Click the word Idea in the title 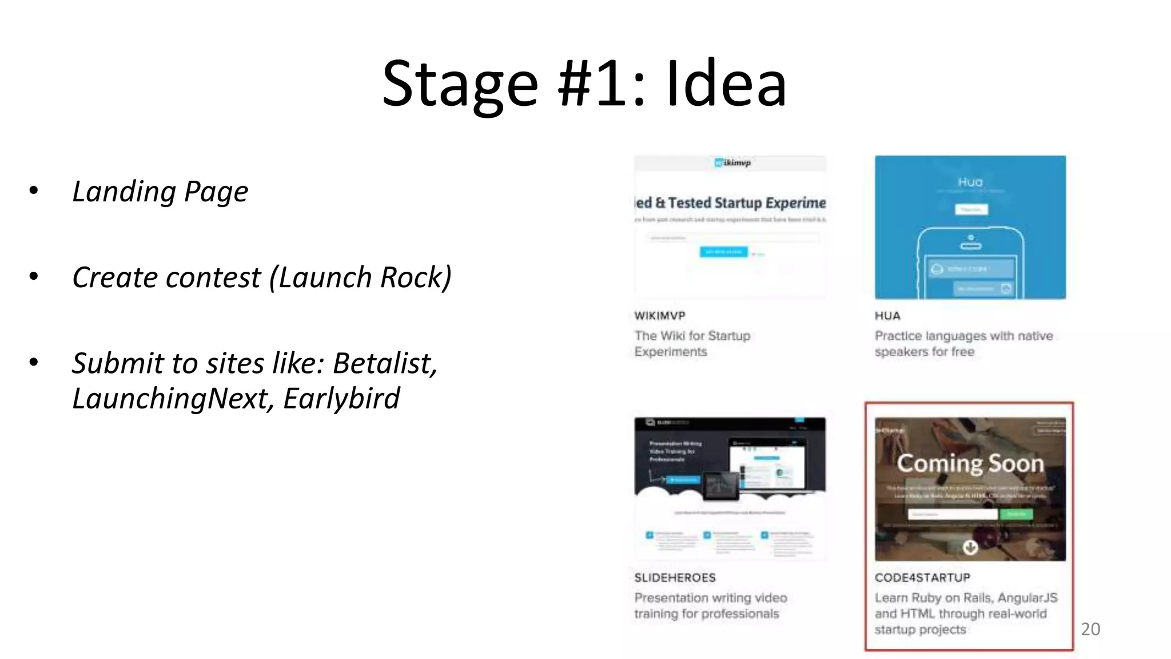click(x=726, y=85)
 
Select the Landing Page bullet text click(x=160, y=192)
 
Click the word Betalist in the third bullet click(x=384, y=363)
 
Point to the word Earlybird click(x=341, y=398)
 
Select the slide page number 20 click(x=1090, y=629)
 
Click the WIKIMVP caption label click(x=660, y=316)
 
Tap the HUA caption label click(x=887, y=316)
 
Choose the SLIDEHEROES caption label click(x=675, y=578)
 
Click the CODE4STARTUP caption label click(x=922, y=578)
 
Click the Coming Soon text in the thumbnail click(x=970, y=463)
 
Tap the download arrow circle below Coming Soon click(x=970, y=547)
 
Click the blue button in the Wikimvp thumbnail click(x=723, y=252)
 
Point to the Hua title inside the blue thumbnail click(x=970, y=182)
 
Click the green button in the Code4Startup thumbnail click(x=1016, y=514)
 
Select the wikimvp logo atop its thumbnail click(x=732, y=163)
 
